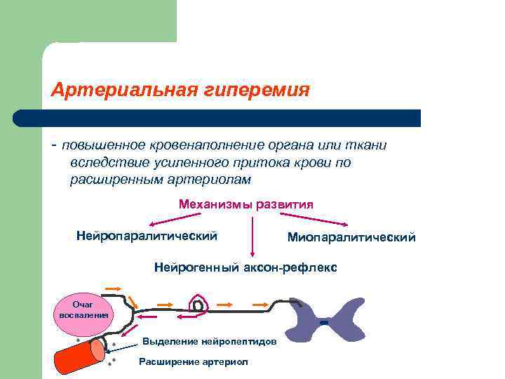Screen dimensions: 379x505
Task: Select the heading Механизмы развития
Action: click(245, 204)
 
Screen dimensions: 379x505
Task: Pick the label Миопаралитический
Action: click(351, 238)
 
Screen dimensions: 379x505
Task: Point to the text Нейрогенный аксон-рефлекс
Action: click(245, 267)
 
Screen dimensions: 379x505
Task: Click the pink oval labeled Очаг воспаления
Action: click(82, 310)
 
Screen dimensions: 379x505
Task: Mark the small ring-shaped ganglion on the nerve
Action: click(198, 306)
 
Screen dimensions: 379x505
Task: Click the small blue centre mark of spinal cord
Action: click(323, 323)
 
